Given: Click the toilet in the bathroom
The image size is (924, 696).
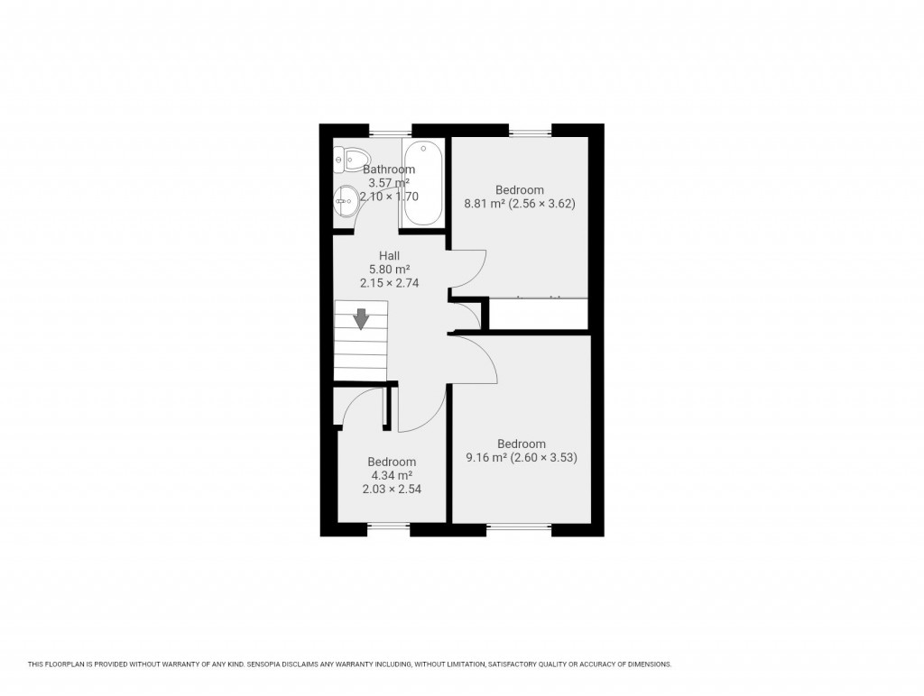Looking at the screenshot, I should coord(346,160).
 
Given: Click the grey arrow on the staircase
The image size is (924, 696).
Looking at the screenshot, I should coord(361,318).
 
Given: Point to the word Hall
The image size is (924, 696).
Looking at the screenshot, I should coord(389,256).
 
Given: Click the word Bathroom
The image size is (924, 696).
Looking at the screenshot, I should coord(389,169).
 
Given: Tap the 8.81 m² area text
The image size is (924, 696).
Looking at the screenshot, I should coord(483,204).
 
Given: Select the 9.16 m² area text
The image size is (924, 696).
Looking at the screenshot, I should coord(485,458).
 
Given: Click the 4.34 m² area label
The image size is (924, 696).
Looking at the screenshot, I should coord(392,476).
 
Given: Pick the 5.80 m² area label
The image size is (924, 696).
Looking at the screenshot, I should coord(389,270).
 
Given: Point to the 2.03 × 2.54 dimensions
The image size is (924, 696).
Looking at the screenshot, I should coord(392,490).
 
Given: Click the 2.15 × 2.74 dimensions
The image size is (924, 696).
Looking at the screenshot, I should coord(389,283).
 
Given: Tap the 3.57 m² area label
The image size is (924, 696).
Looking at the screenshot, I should coord(389,183).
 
